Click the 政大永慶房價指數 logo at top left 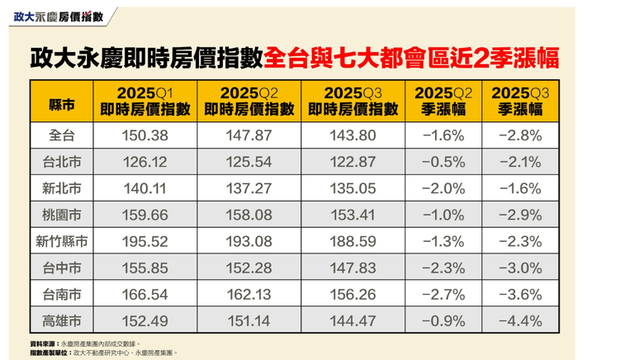pos(57,16)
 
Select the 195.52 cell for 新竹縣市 pos(144,242)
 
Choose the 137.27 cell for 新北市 pos(249,189)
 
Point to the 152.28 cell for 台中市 pos(249,268)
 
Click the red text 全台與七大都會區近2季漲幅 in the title pos(411,57)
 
